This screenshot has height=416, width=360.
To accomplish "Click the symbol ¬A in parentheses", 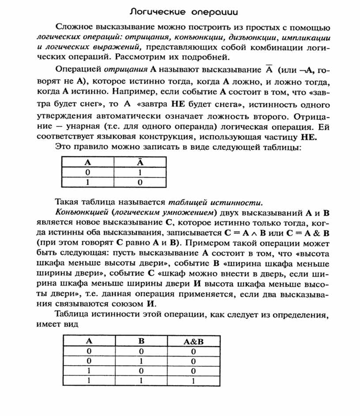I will coord(305,71).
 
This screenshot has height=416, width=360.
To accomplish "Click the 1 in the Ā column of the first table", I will coord(139,172).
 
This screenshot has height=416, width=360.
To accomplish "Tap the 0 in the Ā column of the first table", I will coord(139,182).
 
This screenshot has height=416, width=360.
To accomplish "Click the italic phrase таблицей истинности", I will coord(215,202).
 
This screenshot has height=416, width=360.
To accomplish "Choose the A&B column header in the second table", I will coord(193,341).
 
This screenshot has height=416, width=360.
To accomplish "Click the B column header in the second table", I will coord(141,341).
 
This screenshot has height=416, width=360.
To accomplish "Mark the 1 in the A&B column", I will coord(193,381).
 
